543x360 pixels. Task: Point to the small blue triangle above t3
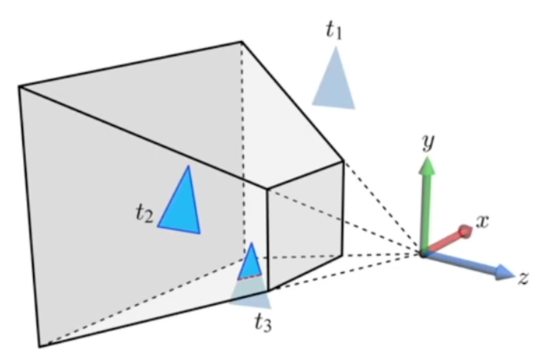(x=251, y=262)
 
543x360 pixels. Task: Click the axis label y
(x=428, y=143)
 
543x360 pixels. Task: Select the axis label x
(x=481, y=221)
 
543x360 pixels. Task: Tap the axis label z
(x=523, y=278)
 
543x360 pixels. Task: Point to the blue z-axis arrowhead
(x=504, y=272)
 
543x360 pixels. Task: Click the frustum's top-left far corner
(x=19, y=87)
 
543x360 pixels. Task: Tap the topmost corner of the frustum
(x=242, y=42)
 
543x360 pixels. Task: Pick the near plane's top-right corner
(x=343, y=162)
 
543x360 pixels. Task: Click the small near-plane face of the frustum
(x=305, y=225)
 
